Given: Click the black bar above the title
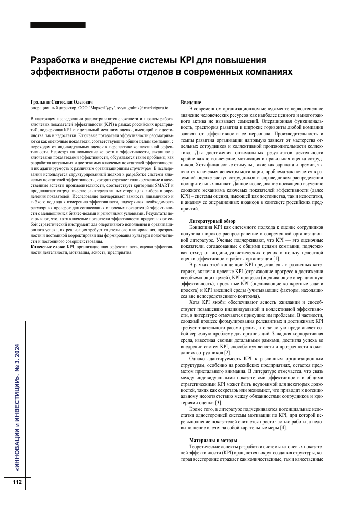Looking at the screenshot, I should point(58,25).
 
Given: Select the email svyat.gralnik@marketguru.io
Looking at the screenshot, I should point(140,108).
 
